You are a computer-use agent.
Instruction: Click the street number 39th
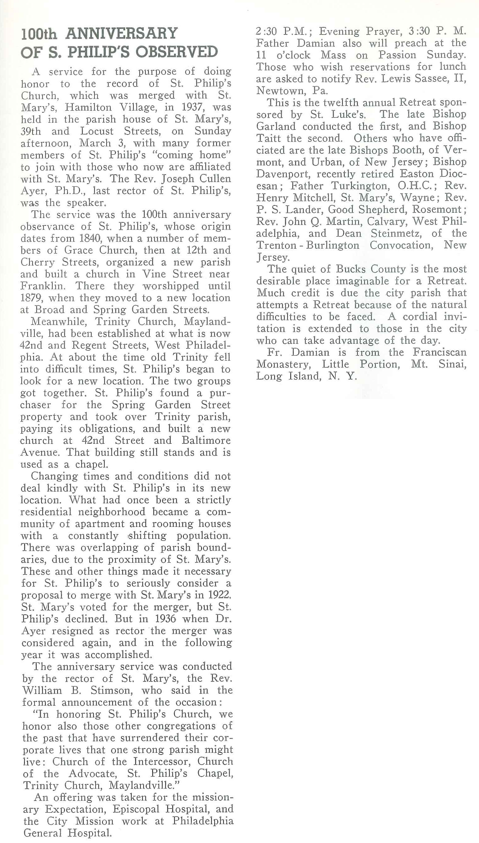pyautogui.click(x=31, y=131)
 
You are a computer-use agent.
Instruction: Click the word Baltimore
pyautogui.click(x=206, y=441)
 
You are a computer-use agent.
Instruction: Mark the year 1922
pyautogui.click(x=219, y=595)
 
